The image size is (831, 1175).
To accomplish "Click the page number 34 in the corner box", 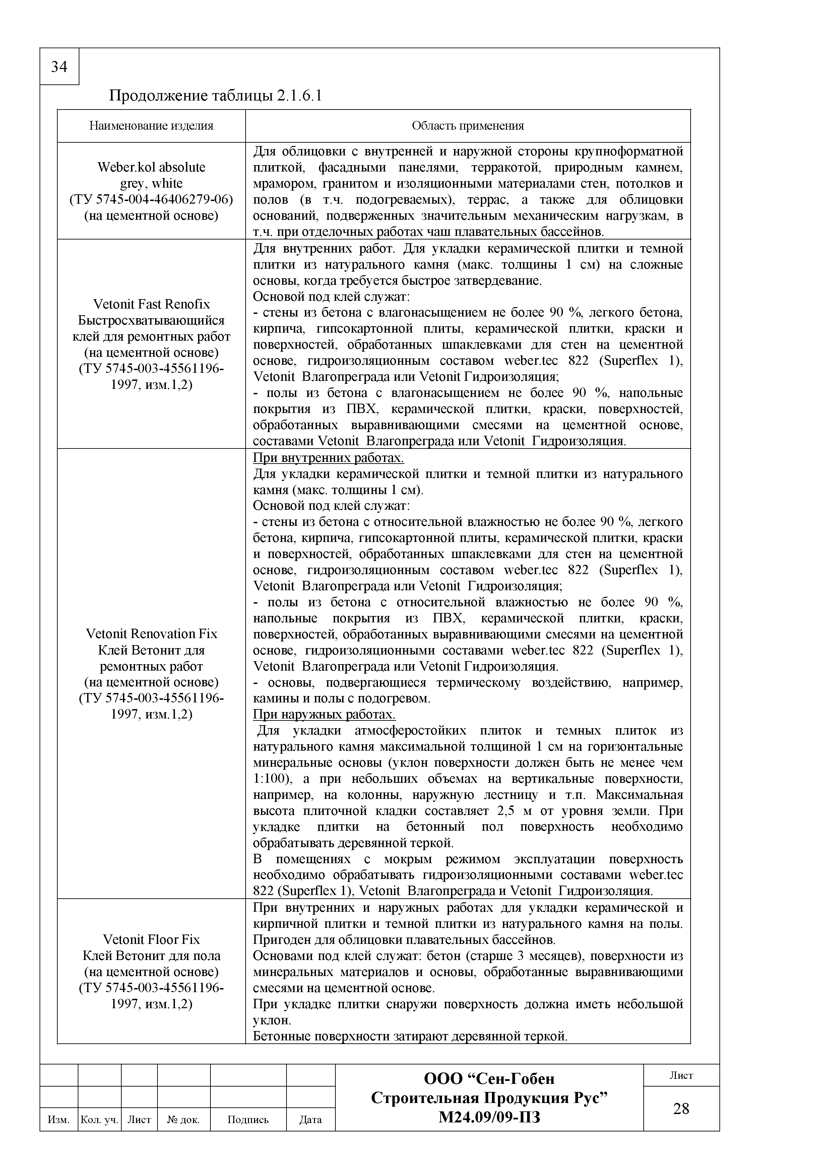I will [x=59, y=67].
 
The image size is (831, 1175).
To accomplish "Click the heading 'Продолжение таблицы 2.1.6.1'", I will [x=215, y=96].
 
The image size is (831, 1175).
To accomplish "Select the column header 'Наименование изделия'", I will [x=151, y=126].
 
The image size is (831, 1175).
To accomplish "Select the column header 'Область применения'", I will [x=467, y=126].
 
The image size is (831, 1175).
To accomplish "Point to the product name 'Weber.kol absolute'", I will [x=151, y=167].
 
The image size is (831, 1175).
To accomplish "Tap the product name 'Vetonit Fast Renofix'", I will [x=151, y=304].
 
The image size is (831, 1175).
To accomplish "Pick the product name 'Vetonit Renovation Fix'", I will [x=151, y=634].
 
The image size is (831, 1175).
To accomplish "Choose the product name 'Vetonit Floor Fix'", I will [x=151, y=940].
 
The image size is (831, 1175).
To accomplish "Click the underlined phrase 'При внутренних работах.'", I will [x=328, y=458].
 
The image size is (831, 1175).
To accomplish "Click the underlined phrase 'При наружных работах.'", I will [x=324, y=714].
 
